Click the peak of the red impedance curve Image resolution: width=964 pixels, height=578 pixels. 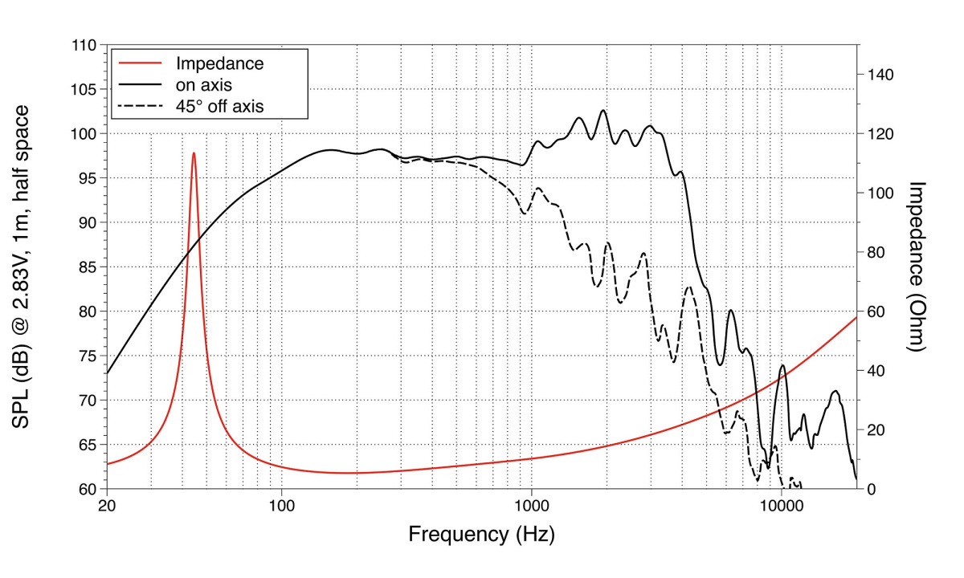[x=194, y=153]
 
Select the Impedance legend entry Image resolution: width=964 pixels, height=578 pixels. [x=219, y=63]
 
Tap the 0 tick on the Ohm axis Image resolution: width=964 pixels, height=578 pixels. [x=871, y=489]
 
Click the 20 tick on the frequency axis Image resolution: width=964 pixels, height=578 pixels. [x=107, y=506]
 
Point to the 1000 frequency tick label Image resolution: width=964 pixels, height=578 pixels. [x=531, y=506]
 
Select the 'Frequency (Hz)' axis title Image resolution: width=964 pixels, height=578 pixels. [x=481, y=534]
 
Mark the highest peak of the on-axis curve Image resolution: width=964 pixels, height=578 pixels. [x=602, y=111]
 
